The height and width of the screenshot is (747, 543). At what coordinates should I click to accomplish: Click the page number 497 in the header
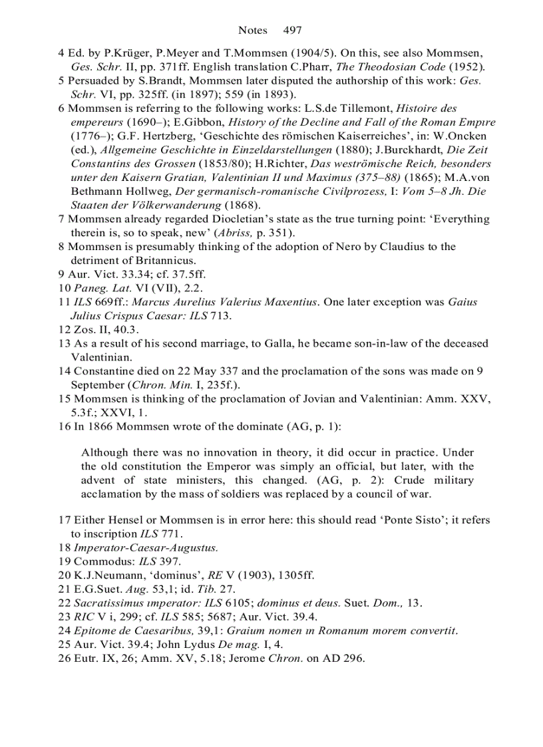pos(292,30)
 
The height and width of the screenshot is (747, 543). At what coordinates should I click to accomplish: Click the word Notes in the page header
pos(252,30)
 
